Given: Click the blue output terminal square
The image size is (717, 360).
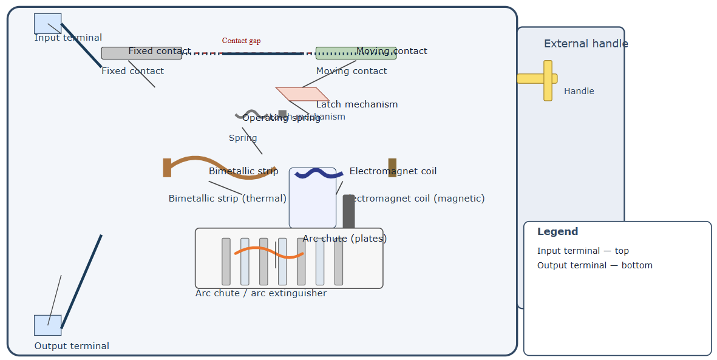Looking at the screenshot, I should pyautogui.click(x=47, y=325).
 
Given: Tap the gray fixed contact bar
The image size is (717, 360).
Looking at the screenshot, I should pyautogui.click(x=115, y=53).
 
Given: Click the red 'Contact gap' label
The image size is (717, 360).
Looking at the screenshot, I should pyautogui.click(x=241, y=41).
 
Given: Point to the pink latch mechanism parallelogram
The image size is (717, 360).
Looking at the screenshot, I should pyautogui.click(x=302, y=94).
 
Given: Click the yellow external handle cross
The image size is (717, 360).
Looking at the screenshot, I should pyautogui.click(x=548, y=80).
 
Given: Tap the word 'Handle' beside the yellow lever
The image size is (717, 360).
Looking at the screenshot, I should pyautogui.click(x=579, y=91).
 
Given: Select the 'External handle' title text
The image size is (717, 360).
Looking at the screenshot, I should pyautogui.click(x=585, y=44).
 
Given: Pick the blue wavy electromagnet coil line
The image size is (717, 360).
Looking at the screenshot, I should pyautogui.click(x=319, y=174).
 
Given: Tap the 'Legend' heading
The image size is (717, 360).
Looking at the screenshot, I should pyautogui.click(x=557, y=231).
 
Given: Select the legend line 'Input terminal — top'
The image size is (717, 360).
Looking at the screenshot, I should pyautogui.click(x=583, y=251).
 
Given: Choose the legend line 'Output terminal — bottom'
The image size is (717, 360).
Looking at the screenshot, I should pyautogui.click(x=594, y=265).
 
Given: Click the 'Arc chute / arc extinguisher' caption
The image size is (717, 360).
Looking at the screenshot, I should pyautogui.click(x=260, y=293).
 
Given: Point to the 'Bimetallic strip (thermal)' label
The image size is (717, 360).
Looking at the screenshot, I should pyautogui.click(x=227, y=199).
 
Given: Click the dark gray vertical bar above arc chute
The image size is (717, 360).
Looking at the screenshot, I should pyautogui.click(x=348, y=211).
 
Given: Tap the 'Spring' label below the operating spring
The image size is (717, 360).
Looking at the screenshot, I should pyautogui.click(x=242, y=138).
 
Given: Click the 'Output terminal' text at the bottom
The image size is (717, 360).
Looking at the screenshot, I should pyautogui.click(x=72, y=346).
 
